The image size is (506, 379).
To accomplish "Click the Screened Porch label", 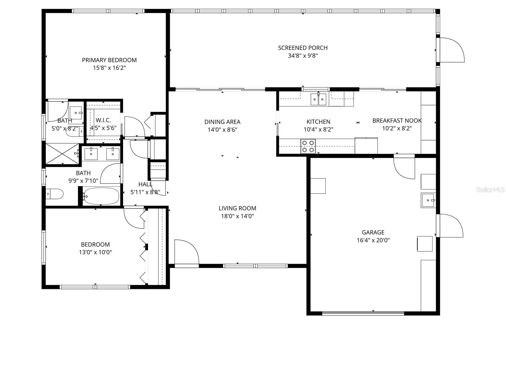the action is click(303, 48).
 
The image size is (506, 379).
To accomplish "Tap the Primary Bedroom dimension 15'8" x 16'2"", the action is click(109, 68).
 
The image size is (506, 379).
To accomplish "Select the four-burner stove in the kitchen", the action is click(308, 146).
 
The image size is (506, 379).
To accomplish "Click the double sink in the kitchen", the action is click(318, 99).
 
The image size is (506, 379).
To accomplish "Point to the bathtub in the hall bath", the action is click(102, 196).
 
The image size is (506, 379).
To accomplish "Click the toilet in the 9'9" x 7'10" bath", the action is click(54, 194).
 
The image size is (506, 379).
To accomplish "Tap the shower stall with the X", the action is click(63, 154).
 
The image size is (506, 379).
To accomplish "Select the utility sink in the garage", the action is click(428, 200).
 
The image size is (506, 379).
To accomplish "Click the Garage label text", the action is click(373, 232).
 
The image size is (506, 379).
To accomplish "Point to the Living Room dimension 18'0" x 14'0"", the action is click(238, 216).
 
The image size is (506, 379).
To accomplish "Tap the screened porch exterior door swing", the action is click(452, 50).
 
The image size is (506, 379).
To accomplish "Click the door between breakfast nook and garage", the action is click(404, 168).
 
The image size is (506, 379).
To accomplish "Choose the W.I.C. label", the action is click(103, 120).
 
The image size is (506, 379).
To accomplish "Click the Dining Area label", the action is click(222, 122).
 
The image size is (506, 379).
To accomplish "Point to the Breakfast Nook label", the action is click(397, 121).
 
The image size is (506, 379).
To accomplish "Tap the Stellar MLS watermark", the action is click(490, 189).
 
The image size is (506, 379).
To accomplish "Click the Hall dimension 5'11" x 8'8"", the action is click(145, 192).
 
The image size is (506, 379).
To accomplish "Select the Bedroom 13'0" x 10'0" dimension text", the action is click(96, 252).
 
